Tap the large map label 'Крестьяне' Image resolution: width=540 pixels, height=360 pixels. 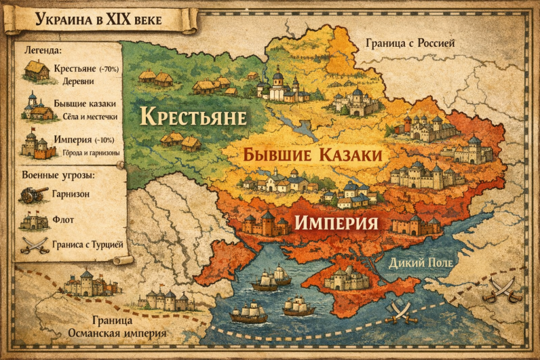coord(193,116)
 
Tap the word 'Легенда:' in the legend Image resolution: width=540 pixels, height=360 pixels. coord(43,50)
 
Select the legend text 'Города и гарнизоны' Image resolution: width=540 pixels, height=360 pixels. coord(86,153)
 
